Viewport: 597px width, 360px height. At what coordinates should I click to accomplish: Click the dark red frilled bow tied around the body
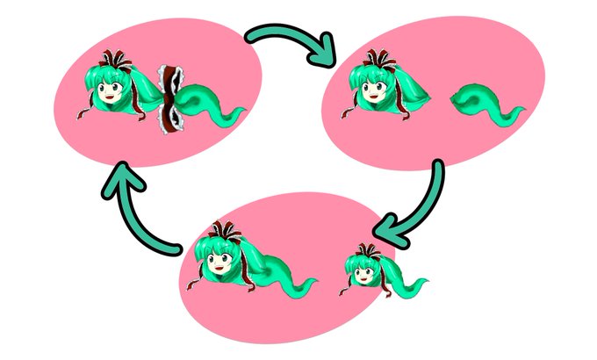169,97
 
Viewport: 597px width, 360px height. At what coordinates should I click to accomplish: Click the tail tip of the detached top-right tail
522,111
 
